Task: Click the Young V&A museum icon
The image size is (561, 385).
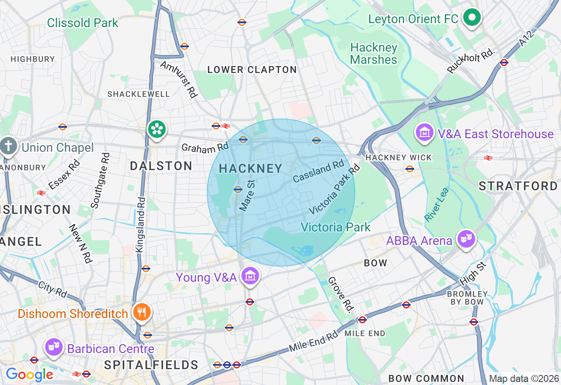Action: click(x=250, y=276)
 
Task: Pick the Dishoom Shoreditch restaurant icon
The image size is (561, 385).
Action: click(x=142, y=312)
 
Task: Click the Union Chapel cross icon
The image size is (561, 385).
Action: click(x=8, y=146)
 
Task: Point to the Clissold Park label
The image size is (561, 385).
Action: click(x=82, y=23)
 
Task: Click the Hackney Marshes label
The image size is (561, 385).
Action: click(x=374, y=53)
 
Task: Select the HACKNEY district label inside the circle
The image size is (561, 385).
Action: click(x=251, y=168)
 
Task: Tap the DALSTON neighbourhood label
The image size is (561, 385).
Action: click(x=161, y=166)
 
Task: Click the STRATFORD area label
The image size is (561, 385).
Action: click(x=518, y=186)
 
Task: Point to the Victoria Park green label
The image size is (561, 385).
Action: click(x=336, y=227)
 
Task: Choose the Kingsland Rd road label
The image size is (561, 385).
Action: click(x=141, y=224)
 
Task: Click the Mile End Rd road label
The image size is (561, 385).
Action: click(x=313, y=342)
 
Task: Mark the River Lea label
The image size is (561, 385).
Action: click(x=437, y=204)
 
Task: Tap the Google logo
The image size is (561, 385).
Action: click(x=29, y=374)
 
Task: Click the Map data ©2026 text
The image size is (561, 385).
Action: click(x=524, y=378)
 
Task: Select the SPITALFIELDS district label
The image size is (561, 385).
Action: click(x=151, y=365)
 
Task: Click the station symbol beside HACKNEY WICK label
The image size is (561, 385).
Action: click(x=410, y=168)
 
